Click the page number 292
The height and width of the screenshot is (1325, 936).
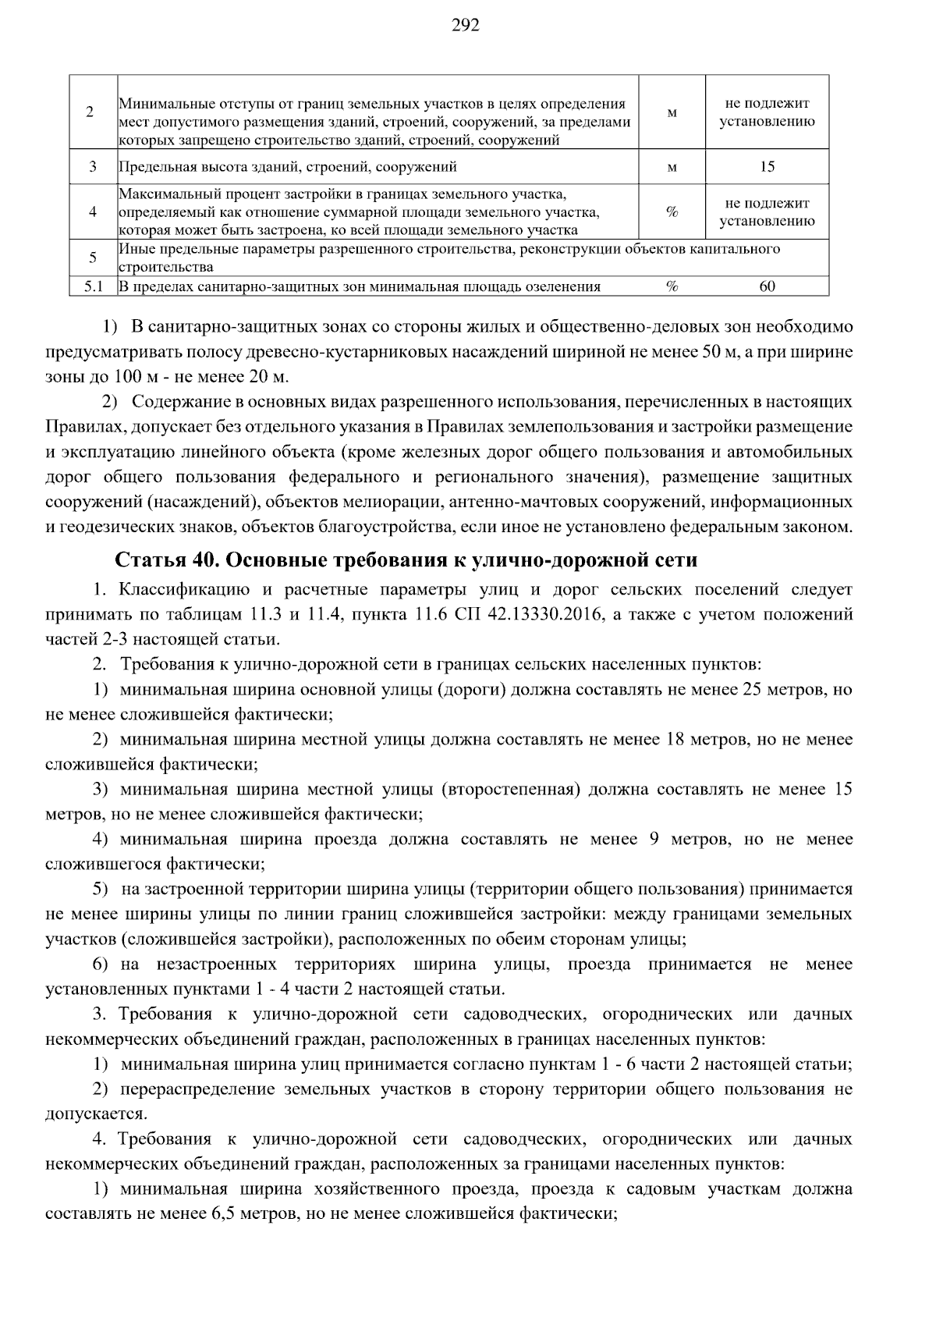[x=466, y=26]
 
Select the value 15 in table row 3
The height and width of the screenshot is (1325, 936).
[x=767, y=167]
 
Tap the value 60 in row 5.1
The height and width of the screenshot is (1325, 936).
[x=767, y=286]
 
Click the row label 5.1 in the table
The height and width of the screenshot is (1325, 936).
[x=93, y=286]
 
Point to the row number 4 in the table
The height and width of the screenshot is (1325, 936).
[x=93, y=211]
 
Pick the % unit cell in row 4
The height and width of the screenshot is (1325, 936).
[x=672, y=211]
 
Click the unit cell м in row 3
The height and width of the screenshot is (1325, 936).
[x=672, y=167]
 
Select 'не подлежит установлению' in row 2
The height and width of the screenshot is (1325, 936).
[x=767, y=112]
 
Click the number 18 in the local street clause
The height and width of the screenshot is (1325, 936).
[x=675, y=740]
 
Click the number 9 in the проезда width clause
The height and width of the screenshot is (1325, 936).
[x=654, y=840]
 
